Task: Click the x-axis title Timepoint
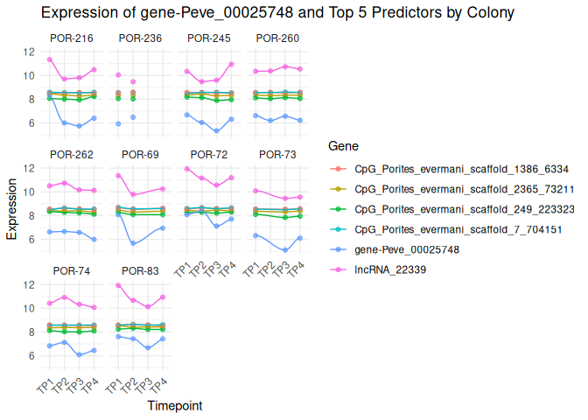[176, 406]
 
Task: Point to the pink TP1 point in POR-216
[50, 59]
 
